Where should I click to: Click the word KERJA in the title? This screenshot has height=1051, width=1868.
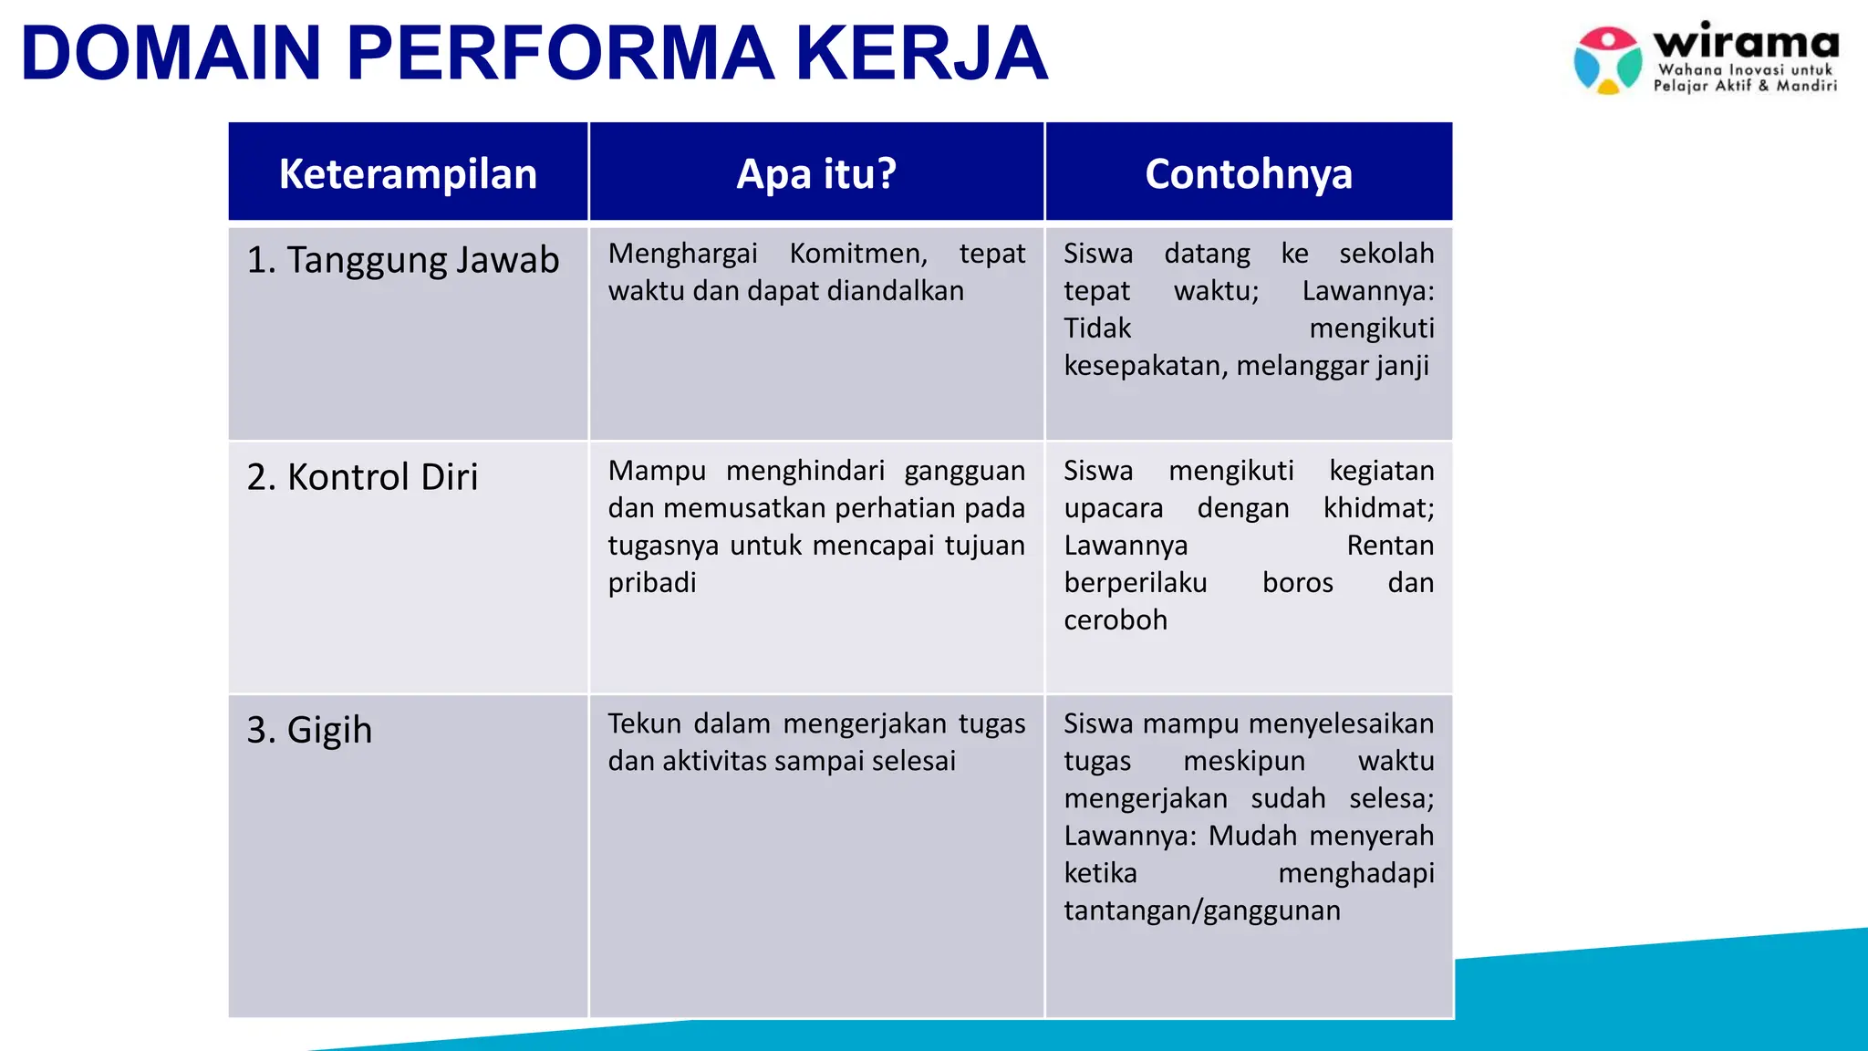click(x=921, y=53)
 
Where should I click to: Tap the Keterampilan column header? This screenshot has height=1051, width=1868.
click(x=408, y=173)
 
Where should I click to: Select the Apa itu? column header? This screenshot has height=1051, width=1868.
click(x=816, y=173)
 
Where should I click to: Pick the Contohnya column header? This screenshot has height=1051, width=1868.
click(x=1248, y=173)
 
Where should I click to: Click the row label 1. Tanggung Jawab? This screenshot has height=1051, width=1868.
click(x=402, y=260)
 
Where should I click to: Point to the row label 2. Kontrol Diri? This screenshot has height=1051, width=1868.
click(x=362, y=477)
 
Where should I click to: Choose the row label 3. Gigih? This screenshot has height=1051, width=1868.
click(x=309, y=730)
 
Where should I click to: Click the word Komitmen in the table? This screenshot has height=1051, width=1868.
click(x=857, y=254)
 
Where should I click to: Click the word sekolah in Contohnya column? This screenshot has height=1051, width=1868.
click(x=1386, y=254)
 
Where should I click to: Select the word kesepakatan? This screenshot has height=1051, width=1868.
click(x=1146, y=366)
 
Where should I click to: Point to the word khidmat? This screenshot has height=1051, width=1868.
click(x=1378, y=508)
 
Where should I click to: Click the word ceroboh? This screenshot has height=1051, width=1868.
click(x=1115, y=620)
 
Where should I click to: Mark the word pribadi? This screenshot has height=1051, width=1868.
click(x=652, y=583)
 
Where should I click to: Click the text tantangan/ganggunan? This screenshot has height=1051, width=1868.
click(x=1201, y=911)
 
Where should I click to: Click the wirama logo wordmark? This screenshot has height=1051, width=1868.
click(x=1746, y=43)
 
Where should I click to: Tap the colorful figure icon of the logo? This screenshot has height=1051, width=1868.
click(x=1607, y=60)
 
